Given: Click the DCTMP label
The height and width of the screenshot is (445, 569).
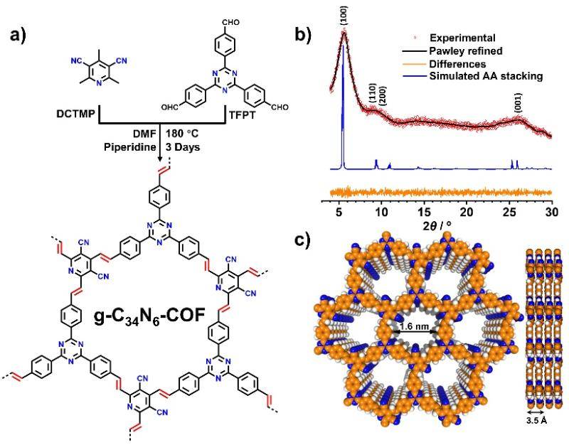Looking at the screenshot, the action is pos(75,114).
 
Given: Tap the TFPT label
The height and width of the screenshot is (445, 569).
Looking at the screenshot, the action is pos(242,115).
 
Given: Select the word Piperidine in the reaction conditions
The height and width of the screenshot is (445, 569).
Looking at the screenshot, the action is pos(130,148).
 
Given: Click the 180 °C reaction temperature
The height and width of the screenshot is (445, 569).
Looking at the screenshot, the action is pos(182,134).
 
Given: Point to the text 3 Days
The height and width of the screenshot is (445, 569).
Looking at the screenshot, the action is pos(183,148).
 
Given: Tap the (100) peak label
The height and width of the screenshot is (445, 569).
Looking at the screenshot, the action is pos(344,15).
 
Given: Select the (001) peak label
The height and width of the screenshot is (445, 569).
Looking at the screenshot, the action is pos(519,103).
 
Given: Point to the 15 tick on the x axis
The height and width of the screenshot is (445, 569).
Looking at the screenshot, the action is pos(424,212).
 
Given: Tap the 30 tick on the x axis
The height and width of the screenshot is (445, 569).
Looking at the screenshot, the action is pos(552,212).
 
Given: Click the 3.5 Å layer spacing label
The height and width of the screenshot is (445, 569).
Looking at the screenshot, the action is pos(535,421).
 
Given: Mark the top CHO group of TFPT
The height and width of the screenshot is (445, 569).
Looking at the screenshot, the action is pos(230,23).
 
